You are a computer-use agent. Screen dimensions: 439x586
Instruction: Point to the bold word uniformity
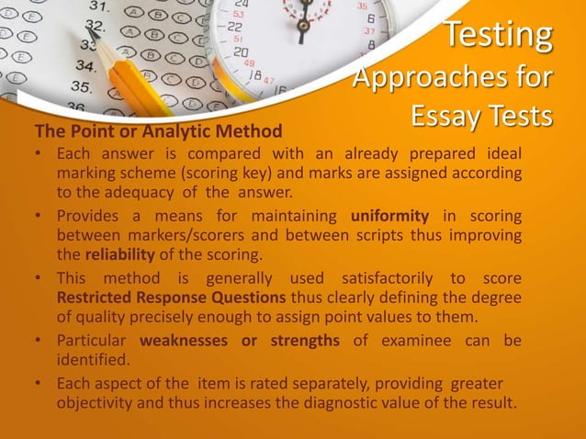(x=389, y=217)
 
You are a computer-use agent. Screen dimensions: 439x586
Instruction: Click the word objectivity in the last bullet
(x=100, y=405)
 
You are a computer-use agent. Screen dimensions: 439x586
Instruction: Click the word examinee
(x=418, y=341)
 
